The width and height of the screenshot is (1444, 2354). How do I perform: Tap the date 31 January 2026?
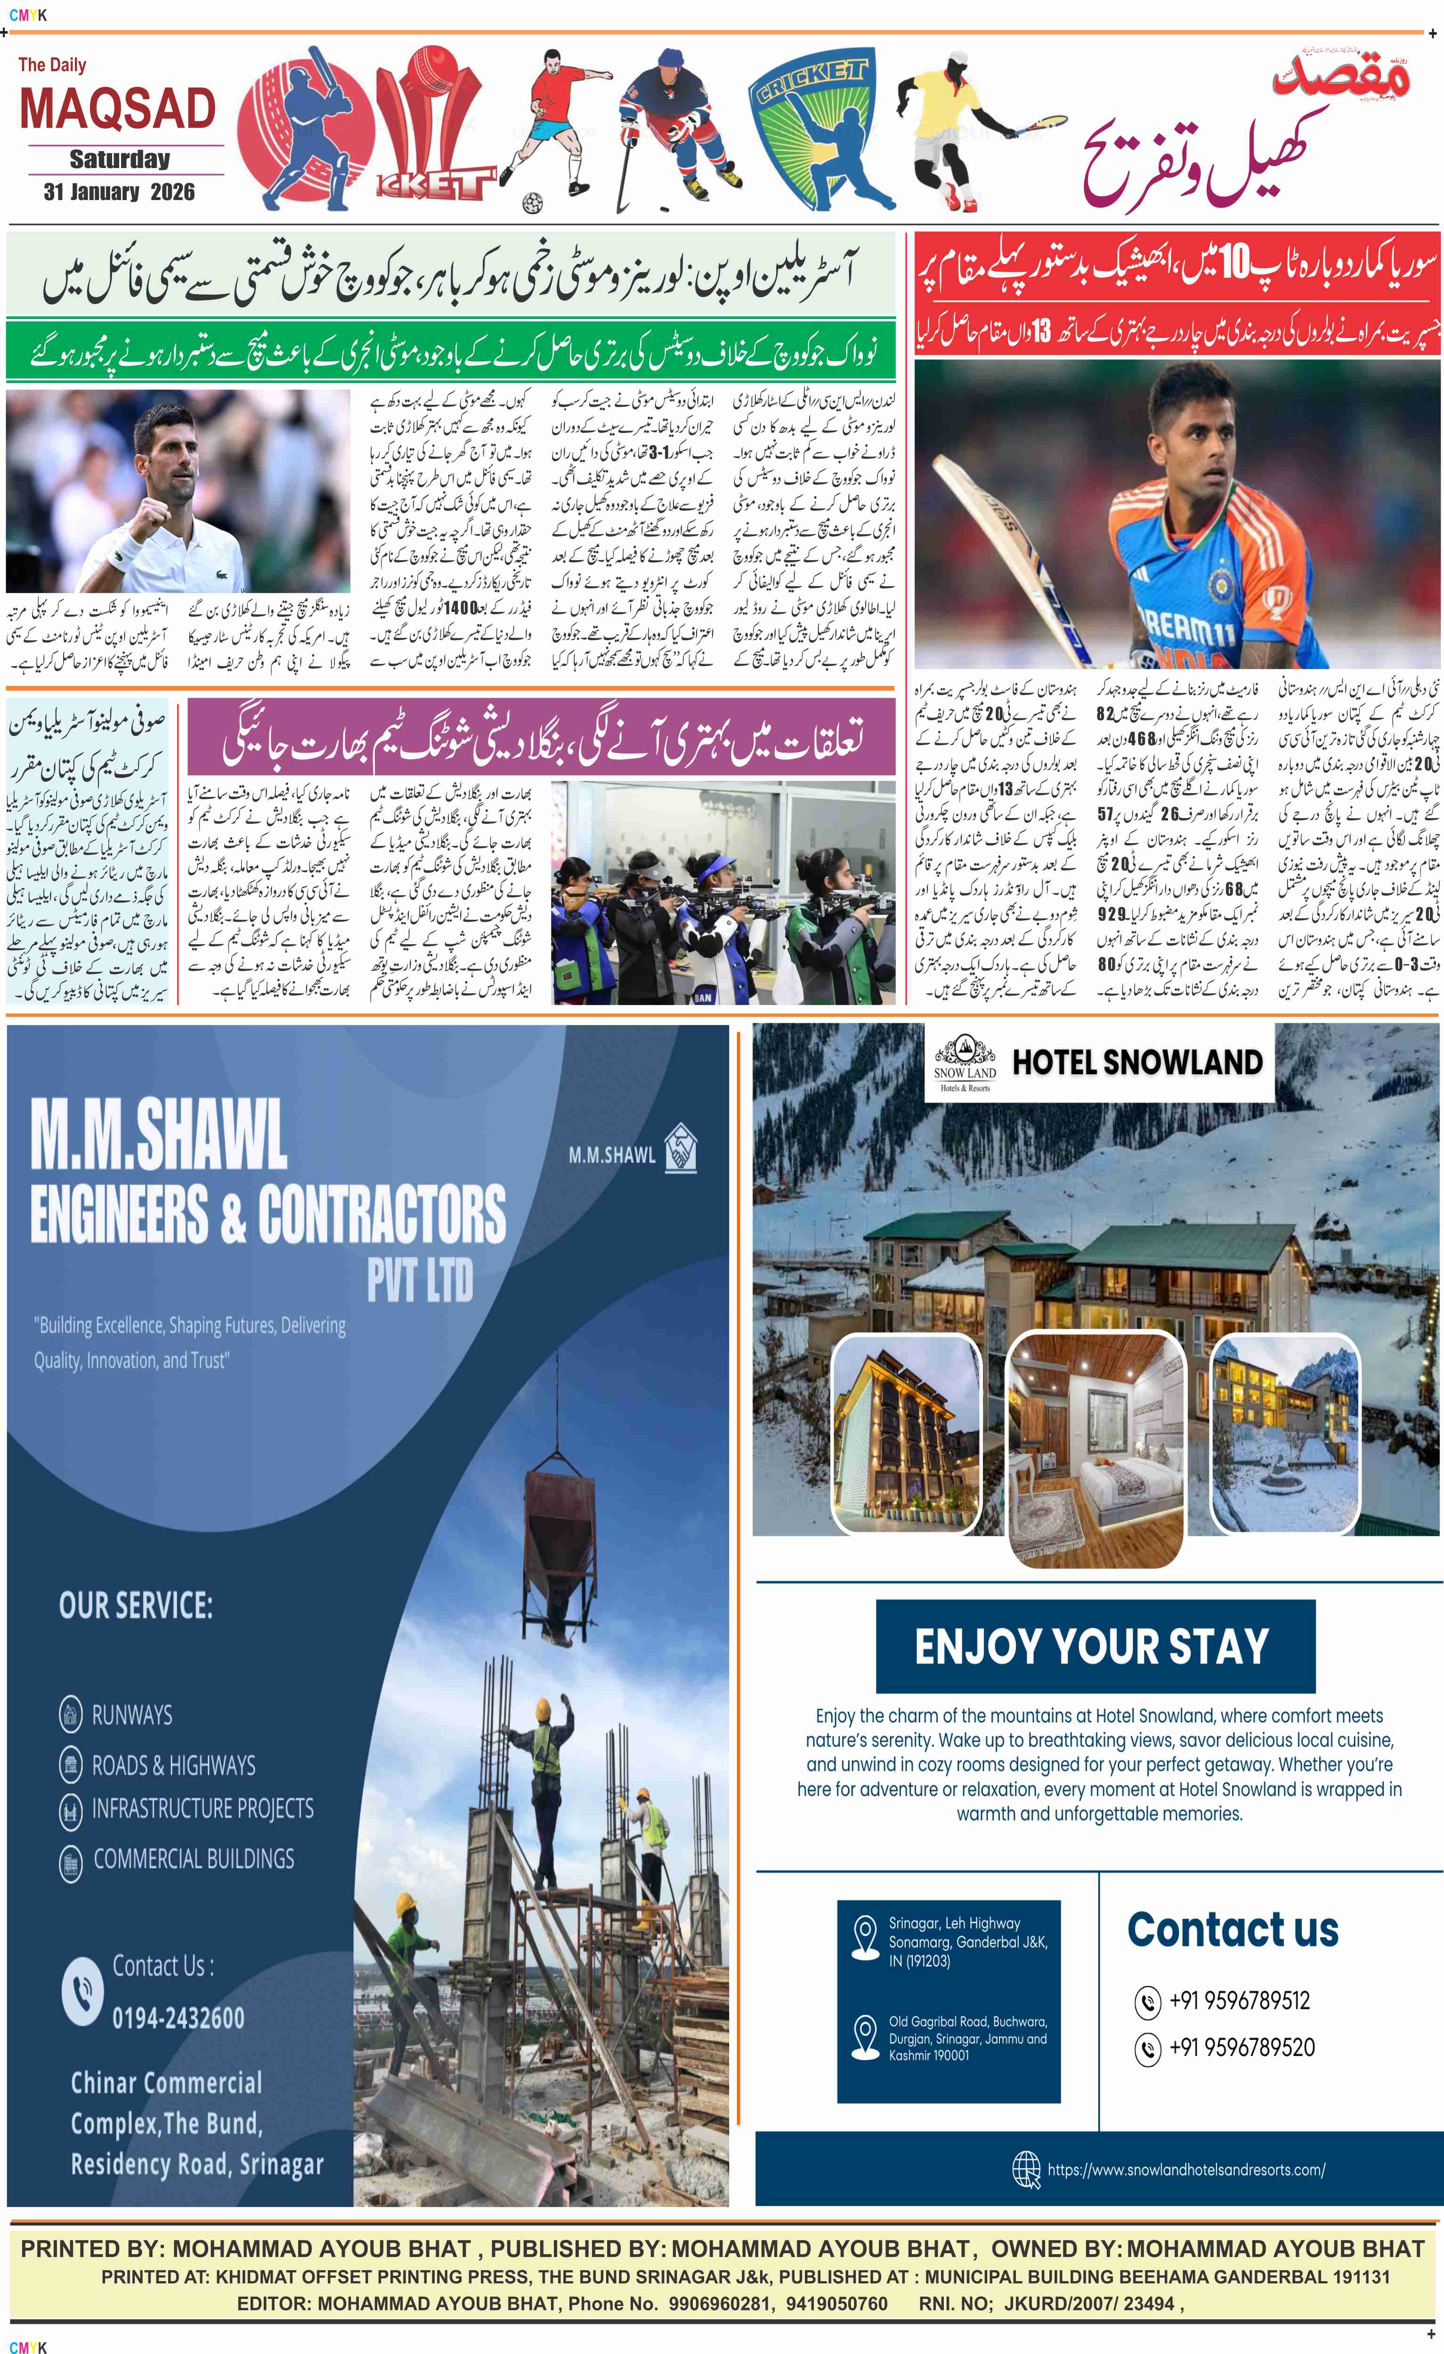119,192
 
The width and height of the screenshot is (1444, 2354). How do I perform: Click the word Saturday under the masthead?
120,159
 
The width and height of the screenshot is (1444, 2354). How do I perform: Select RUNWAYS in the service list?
132,1715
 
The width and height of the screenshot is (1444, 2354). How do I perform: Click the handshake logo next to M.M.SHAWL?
681,1148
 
